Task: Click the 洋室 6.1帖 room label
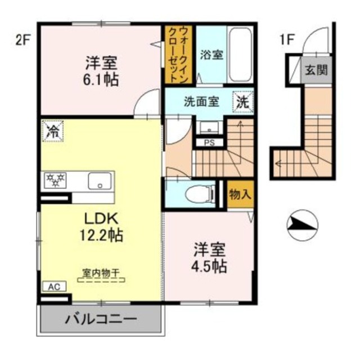coord(102,70)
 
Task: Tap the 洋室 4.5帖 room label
coord(210,257)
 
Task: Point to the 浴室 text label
coord(211,55)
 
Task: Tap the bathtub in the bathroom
coord(241,55)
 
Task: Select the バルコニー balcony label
coord(101,320)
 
